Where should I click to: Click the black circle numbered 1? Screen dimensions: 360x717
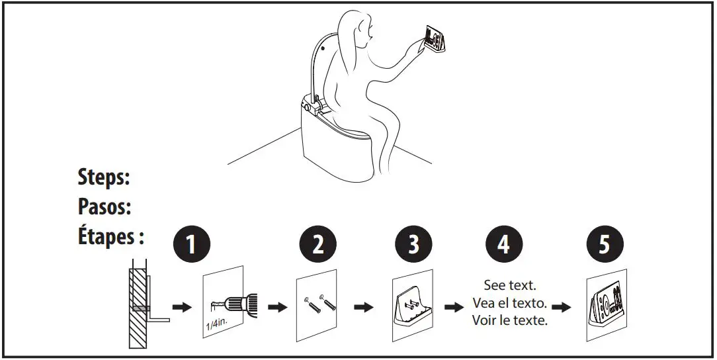coord(190,245)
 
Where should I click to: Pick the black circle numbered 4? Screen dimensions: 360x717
coord(504,245)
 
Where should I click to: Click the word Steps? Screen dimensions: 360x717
coord(104,178)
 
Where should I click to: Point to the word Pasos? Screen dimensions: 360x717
coord(104,207)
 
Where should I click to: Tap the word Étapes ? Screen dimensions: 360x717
coord(111,237)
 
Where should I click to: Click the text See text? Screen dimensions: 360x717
coord(510,286)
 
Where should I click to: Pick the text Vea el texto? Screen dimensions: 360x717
coord(510,303)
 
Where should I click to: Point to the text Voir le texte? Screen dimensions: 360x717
coord(510,321)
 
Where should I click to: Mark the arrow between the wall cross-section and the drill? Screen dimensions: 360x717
coord(181,307)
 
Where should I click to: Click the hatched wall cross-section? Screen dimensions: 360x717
coord(138,308)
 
